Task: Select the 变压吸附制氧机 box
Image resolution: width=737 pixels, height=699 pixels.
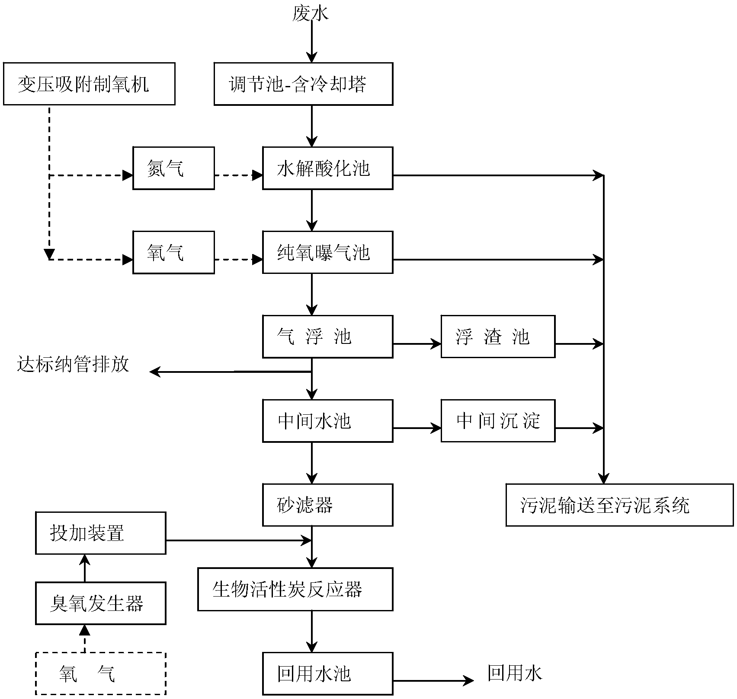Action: click(x=89, y=84)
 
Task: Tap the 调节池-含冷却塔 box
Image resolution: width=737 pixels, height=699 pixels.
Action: click(x=303, y=84)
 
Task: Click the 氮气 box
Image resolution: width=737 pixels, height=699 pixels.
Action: click(x=173, y=168)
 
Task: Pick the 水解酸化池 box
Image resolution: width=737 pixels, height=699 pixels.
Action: click(x=327, y=168)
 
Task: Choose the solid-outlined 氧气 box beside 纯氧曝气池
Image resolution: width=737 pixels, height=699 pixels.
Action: click(x=173, y=252)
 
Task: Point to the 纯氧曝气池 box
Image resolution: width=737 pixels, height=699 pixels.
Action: click(x=327, y=252)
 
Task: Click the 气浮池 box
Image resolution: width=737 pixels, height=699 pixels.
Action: click(x=327, y=337)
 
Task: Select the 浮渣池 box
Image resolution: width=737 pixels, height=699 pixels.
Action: click(x=498, y=337)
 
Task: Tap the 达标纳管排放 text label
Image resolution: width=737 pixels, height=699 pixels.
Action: click(x=74, y=364)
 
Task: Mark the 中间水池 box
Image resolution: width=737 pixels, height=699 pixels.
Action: click(x=327, y=421)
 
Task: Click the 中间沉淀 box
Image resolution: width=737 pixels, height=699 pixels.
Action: click(x=498, y=421)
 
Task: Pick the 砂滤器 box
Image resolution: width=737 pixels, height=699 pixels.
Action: click(x=327, y=505)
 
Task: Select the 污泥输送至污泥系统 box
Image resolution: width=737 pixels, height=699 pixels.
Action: click(x=619, y=505)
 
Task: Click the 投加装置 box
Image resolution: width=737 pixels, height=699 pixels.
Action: click(x=100, y=533)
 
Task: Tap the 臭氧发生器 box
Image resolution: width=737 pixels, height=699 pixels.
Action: click(x=100, y=603)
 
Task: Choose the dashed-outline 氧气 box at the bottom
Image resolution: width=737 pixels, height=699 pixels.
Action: click(x=100, y=673)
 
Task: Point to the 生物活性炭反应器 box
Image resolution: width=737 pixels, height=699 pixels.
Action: click(x=295, y=589)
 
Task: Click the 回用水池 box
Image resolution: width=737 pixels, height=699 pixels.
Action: click(x=327, y=674)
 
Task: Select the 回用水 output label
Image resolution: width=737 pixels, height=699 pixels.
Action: click(x=515, y=673)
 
